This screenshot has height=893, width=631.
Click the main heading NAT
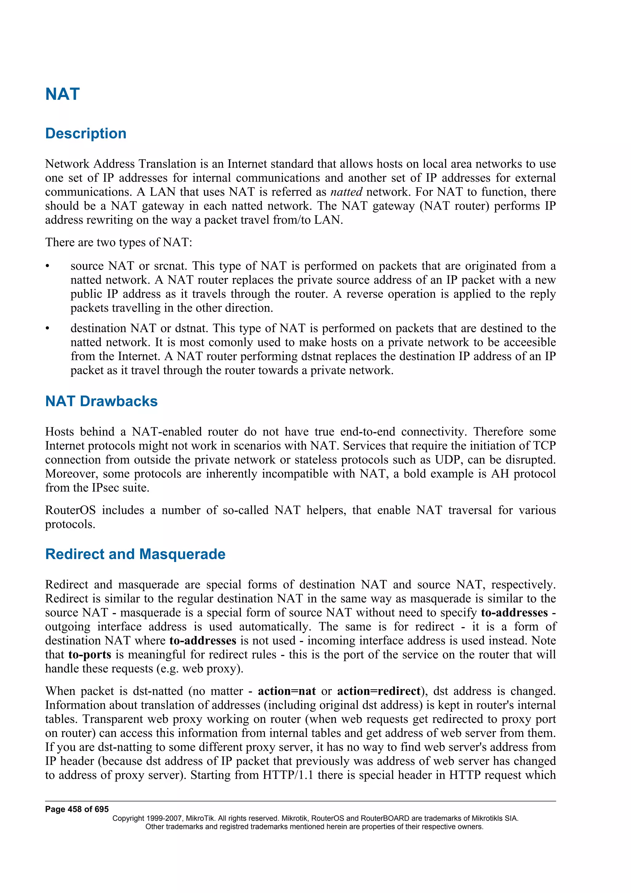(62, 94)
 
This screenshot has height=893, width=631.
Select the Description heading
(86, 133)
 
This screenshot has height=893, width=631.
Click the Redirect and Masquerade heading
(135, 554)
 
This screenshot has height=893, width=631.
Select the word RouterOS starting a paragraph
(70, 510)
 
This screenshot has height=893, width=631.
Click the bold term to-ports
(90, 654)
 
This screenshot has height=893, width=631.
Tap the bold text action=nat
(287, 691)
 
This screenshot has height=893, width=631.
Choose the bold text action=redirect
(379, 691)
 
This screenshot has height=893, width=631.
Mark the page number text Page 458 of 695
(77, 809)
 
